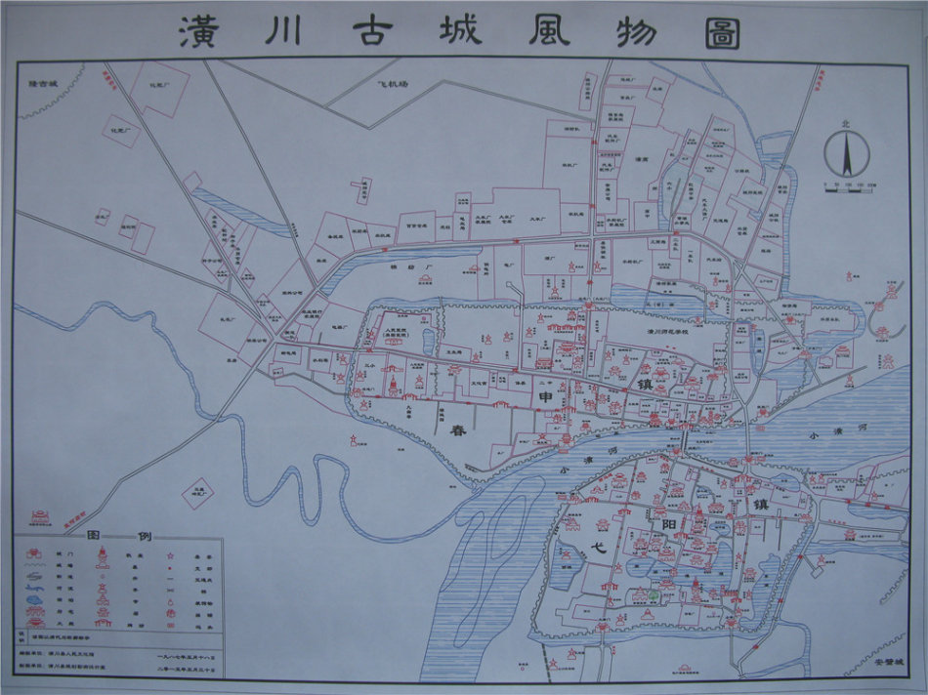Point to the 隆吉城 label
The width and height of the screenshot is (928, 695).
(x=45, y=85)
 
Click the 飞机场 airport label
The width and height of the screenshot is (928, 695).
(x=394, y=85)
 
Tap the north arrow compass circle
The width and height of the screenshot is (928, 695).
(x=846, y=155)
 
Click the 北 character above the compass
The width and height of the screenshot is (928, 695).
(x=846, y=125)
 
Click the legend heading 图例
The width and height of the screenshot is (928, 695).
(x=117, y=538)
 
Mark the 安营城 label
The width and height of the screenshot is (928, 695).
(x=887, y=662)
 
